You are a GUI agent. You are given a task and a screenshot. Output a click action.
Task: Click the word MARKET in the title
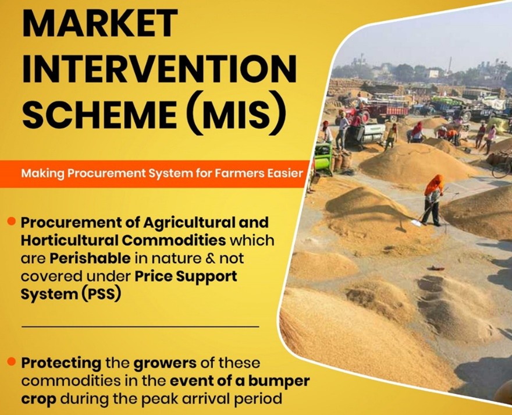pos(100,23)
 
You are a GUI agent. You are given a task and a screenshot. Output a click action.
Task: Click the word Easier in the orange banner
pos(286,173)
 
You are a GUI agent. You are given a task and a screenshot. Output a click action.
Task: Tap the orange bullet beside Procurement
pos(12,222)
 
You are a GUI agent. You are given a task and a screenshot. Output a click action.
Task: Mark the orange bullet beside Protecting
pos(12,361)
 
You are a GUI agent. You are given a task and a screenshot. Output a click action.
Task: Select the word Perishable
pos(90,258)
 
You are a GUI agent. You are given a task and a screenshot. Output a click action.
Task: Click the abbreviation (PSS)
pos(99,295)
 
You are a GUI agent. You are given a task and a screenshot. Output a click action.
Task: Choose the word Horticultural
pos(69,240)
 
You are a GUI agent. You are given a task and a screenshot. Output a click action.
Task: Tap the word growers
pos(165,363)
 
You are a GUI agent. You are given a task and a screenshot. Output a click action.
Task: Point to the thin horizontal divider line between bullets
pos(140,326)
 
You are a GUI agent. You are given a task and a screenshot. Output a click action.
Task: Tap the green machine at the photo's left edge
pos(323,157)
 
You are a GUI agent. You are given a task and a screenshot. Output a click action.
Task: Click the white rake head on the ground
pos(415,223)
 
